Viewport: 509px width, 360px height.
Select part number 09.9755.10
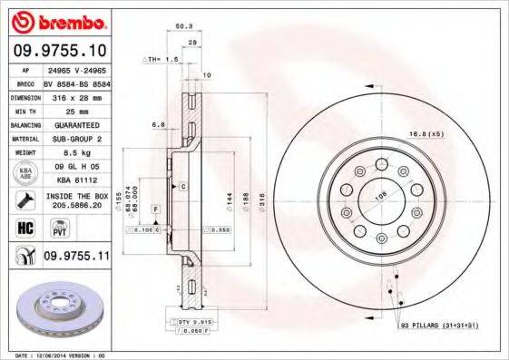(62, 51)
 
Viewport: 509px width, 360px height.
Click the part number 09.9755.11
(76, 257)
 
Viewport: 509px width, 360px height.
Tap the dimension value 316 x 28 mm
(75, 95)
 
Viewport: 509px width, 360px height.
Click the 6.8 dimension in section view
(158, 123)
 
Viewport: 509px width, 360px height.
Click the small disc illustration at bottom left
(62, 308)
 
